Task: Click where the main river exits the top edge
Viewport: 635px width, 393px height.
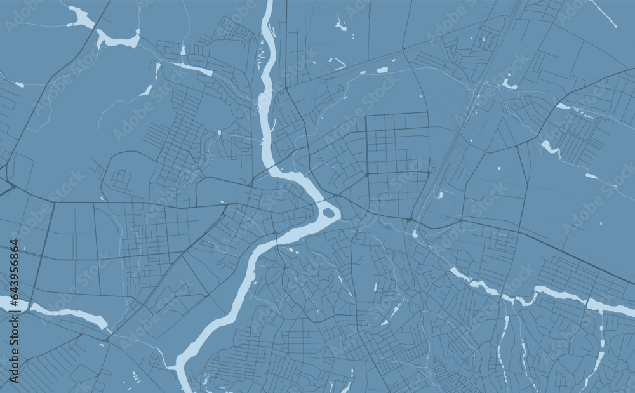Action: [269, 3]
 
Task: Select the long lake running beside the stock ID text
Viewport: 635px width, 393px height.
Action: [63, 312]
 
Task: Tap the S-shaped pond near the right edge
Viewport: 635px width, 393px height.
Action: [550, 149]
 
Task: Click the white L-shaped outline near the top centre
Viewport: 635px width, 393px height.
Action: [337, 63]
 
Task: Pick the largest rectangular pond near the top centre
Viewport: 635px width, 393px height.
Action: [382, 70]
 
